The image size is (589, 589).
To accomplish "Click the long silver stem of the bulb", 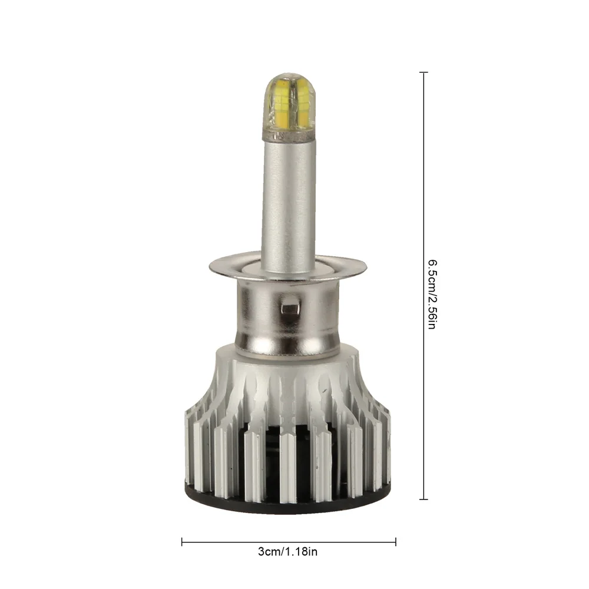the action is pos(288,198).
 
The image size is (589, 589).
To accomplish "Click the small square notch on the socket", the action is pos(289,307).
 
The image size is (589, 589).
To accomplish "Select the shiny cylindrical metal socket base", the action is pos(288,319).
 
